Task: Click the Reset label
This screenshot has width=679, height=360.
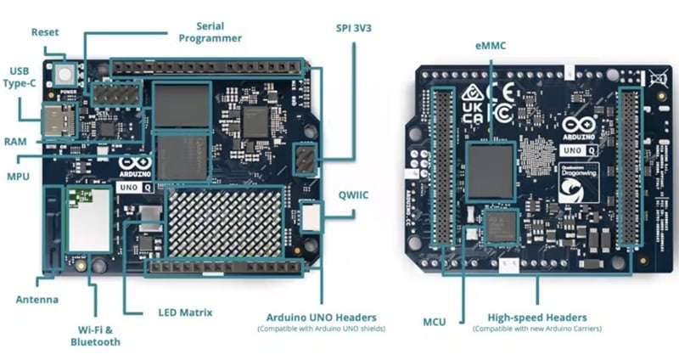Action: pos(46,32)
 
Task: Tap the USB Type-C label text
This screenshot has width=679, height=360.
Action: pos(23,78)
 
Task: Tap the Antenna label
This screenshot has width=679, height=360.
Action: pos(37,299)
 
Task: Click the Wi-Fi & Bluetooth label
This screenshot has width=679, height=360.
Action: pos(95,335)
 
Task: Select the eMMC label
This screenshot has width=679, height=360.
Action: pos(490,45)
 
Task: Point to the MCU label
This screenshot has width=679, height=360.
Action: pos(435,321)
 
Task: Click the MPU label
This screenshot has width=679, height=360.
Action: pos(19,177)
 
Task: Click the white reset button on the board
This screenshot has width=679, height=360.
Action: pos(65,74)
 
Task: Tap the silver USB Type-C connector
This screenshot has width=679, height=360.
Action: pos(58,121)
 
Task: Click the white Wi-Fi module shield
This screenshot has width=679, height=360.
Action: pos(88,219)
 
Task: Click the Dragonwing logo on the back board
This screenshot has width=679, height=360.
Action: pos(579,183)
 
